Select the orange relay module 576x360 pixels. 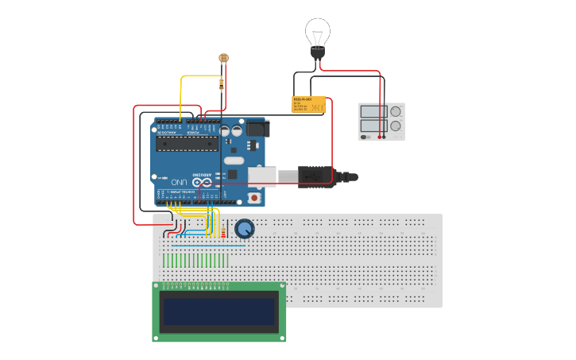click(308, 105)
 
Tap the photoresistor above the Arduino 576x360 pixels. click(223, 58)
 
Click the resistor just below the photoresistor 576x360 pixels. click(221, 83)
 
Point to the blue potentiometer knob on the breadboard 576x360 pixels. click(245, 229)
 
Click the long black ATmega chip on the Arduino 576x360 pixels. click(186, 143)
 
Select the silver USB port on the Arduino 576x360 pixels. click(263, 176)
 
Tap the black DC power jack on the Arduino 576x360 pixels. click(257, 128)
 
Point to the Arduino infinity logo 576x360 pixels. click(203, 182)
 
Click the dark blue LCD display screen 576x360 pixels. click(219, 312)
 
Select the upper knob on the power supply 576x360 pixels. click(395, 111)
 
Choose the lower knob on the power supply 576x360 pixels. click(395, 126)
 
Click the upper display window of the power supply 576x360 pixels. click(372, 111)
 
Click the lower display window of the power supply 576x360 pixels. click(372, 126)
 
